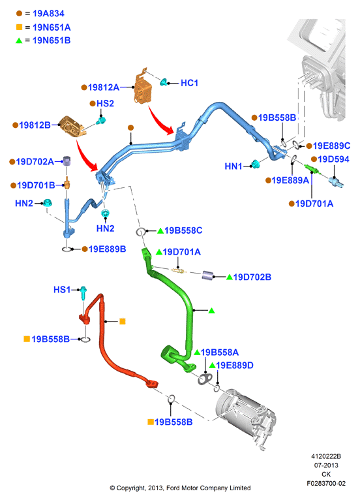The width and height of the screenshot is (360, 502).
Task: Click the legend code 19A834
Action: (48, 14)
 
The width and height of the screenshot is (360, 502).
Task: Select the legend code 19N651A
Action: (52, 27)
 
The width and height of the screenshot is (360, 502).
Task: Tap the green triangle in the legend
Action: (19, 40)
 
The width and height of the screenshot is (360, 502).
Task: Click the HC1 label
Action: (189, 83)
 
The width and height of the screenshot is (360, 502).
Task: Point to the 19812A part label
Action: (104, 87)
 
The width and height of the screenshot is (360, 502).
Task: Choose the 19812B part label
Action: (35, 125)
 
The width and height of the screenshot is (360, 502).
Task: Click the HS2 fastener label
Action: (105, 103)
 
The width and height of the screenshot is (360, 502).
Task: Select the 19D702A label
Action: (35, 162)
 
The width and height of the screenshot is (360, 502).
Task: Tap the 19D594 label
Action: (333, 159)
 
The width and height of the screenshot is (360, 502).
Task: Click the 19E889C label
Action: (331, 146)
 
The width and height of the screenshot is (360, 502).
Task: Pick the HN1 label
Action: (233, 166)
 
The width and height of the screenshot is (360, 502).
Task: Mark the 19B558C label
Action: (183, 230)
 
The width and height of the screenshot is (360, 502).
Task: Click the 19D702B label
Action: (252, 277)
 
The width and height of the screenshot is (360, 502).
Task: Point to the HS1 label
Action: (62, 290)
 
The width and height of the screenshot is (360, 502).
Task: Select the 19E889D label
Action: (235, 366)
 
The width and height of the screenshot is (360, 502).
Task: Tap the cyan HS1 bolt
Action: (83, 292)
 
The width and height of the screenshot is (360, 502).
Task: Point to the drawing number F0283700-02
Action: (326, 484)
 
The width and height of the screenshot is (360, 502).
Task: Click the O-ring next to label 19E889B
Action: (67, 249)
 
